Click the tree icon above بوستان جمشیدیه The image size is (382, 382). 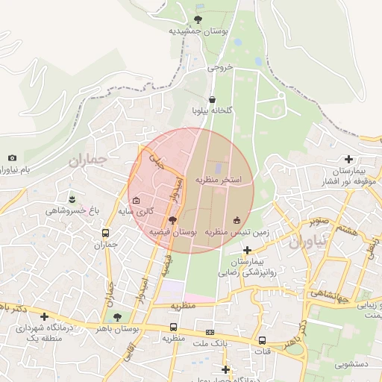tap(198, 19)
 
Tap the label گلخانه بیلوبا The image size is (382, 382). tap(213, 110)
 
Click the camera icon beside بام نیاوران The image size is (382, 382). tap(12, 157)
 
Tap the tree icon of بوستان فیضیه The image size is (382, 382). tap(173, 220)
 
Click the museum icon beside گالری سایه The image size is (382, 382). tap(136, 200)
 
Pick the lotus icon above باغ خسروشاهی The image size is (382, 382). tap(72, 198)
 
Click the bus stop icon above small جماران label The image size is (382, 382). tap(105, 232)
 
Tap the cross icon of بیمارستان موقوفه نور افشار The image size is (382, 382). tap(348, 158)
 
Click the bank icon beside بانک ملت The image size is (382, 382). tap(210, 332)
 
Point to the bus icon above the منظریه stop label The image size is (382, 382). tap(174, 326)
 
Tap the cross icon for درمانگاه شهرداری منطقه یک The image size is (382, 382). tap(44, 317)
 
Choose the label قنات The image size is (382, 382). tap(262, 351)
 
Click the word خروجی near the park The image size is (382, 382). tap(221, 66)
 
